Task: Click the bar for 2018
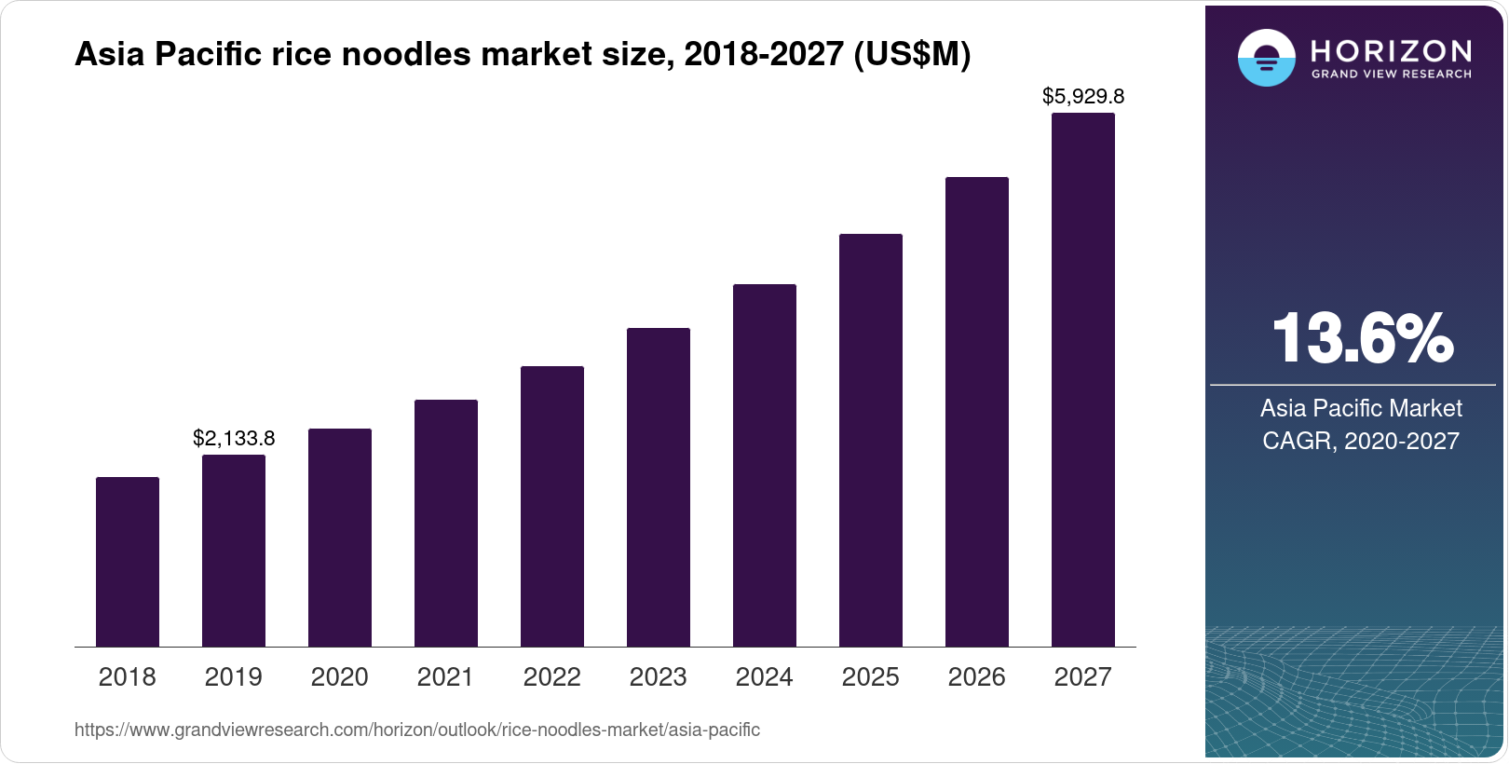point(128,562)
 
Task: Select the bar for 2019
point(234,551)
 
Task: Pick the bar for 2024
point(765,465)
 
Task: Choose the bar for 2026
point(977,412)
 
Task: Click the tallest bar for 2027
point(1083,380)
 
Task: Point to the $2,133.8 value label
point(234,438)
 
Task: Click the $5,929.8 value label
point(1083,96)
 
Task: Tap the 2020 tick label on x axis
point(340,676)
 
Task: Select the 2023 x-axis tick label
point(659,676)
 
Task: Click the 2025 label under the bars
point(871,676)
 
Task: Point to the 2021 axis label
point(446,676)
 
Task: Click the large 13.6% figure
point(1362,338)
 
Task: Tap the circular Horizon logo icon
point(1266,58)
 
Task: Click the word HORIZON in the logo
point(1391,50)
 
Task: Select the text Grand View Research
point(1391,74)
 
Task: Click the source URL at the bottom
point(417,730)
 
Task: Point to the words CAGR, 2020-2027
point(1361,441)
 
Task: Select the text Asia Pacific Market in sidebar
point(1361,408)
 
